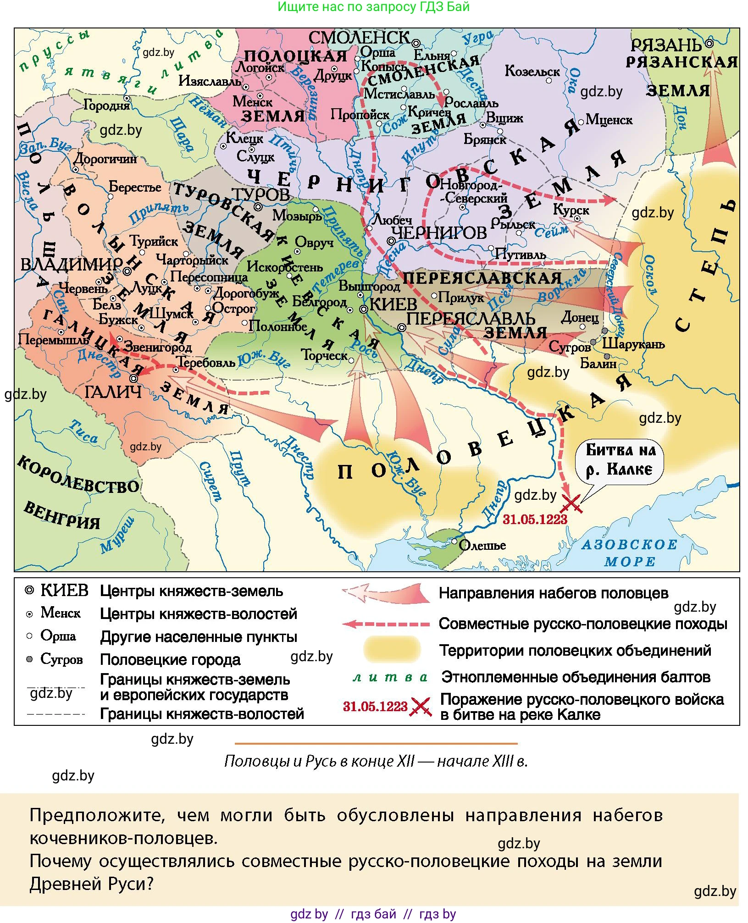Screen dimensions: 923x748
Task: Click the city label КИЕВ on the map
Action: click(393, 304)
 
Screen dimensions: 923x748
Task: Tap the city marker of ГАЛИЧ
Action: click(133, 379)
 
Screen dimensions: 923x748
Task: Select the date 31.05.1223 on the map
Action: click(535, 520)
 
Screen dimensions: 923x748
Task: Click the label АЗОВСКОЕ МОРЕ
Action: click(630, 553)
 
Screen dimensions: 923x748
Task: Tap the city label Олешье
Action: click(482, 546)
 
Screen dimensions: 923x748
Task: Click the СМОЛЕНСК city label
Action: click(359, 38)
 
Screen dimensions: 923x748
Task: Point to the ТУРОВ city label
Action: click(261, 194)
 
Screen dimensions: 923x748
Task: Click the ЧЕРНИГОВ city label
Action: click(439, 233)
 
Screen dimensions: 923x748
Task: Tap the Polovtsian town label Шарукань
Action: click(633, 344)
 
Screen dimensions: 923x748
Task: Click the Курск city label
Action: click(571, 210)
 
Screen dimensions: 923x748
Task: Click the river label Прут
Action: click(240, 468)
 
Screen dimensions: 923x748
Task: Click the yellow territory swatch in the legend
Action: click(392, 650)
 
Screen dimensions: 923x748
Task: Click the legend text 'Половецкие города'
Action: click(170, 660)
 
